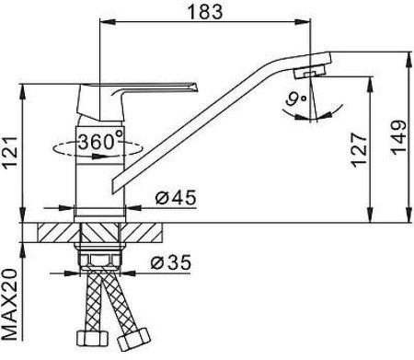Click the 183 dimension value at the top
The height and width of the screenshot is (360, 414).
pos(205,12)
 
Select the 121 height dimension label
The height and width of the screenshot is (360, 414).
pos(10,153)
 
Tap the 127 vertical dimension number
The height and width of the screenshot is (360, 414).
pos(359,150)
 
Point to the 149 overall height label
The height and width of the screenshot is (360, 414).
pos(398,137)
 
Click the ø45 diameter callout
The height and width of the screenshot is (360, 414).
pos(176,197)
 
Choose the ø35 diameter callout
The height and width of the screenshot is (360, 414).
pos(171,262)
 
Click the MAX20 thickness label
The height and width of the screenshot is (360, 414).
pos(10,305)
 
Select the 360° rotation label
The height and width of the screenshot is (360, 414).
pos(100,142)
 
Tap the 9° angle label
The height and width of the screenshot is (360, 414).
pos(295,99)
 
